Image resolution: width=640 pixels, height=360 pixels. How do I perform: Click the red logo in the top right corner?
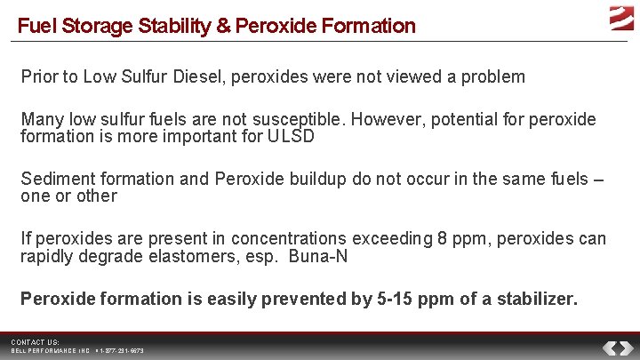click(620, 18)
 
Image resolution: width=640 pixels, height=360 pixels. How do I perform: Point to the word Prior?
click(40, 76)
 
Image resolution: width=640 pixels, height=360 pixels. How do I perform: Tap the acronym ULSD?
click(290, 137)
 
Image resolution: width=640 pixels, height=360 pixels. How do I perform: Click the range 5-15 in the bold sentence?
click(401, 299)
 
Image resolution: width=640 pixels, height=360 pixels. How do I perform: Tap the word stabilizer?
click(537, 299)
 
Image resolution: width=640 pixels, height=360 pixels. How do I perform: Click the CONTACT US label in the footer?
click(36, 342)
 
